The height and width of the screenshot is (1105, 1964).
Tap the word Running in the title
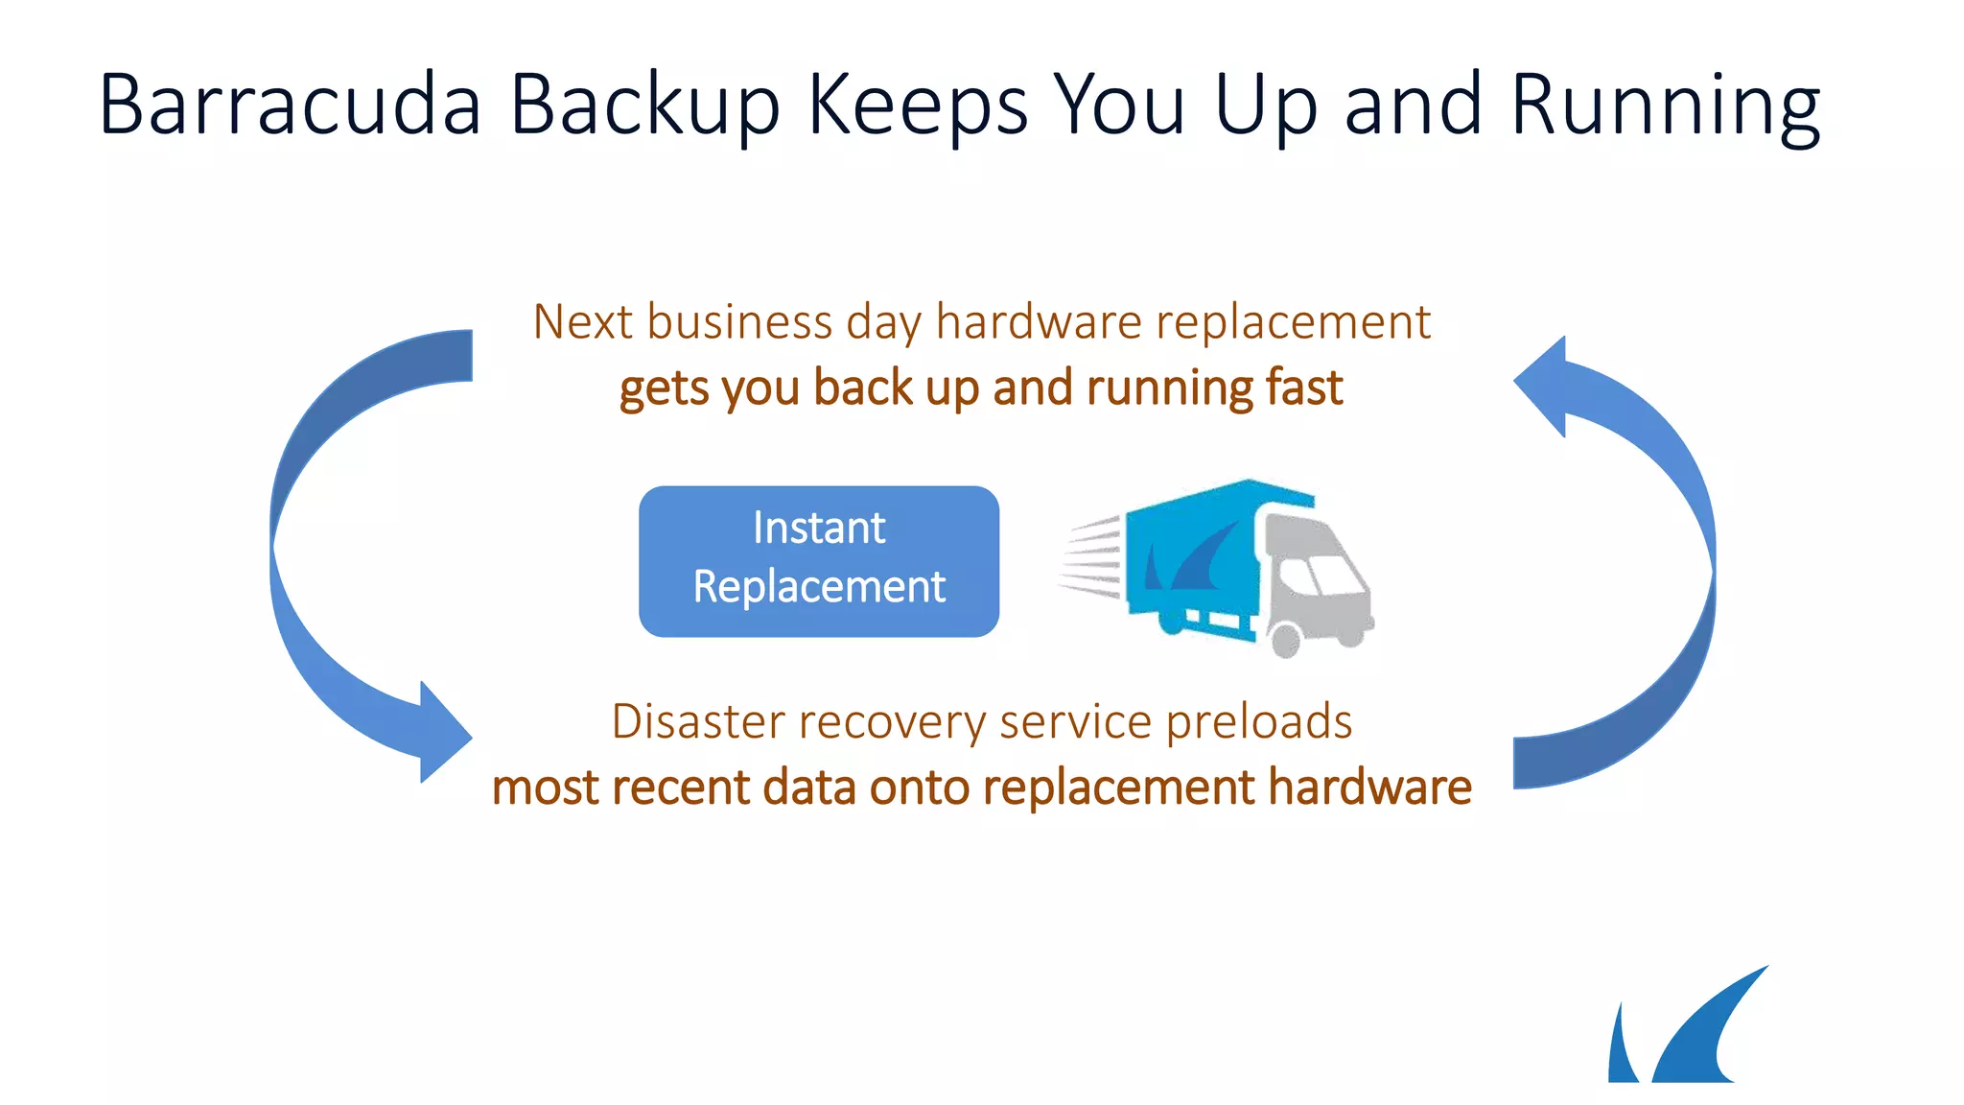pyautogui.click(x=1665, y=106)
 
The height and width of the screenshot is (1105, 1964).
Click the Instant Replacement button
pyautogui.click(x=819, y=561)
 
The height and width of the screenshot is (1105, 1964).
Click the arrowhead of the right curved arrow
pyautogui.click(x=1544, y=385)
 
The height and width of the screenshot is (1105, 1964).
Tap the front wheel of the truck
pyautogui.click(x=1285, y=639)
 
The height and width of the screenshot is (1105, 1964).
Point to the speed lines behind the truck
pyautogui.click(x=1091, y=556)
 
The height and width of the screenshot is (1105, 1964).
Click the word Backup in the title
pyautogui.click(x=643, y=106)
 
